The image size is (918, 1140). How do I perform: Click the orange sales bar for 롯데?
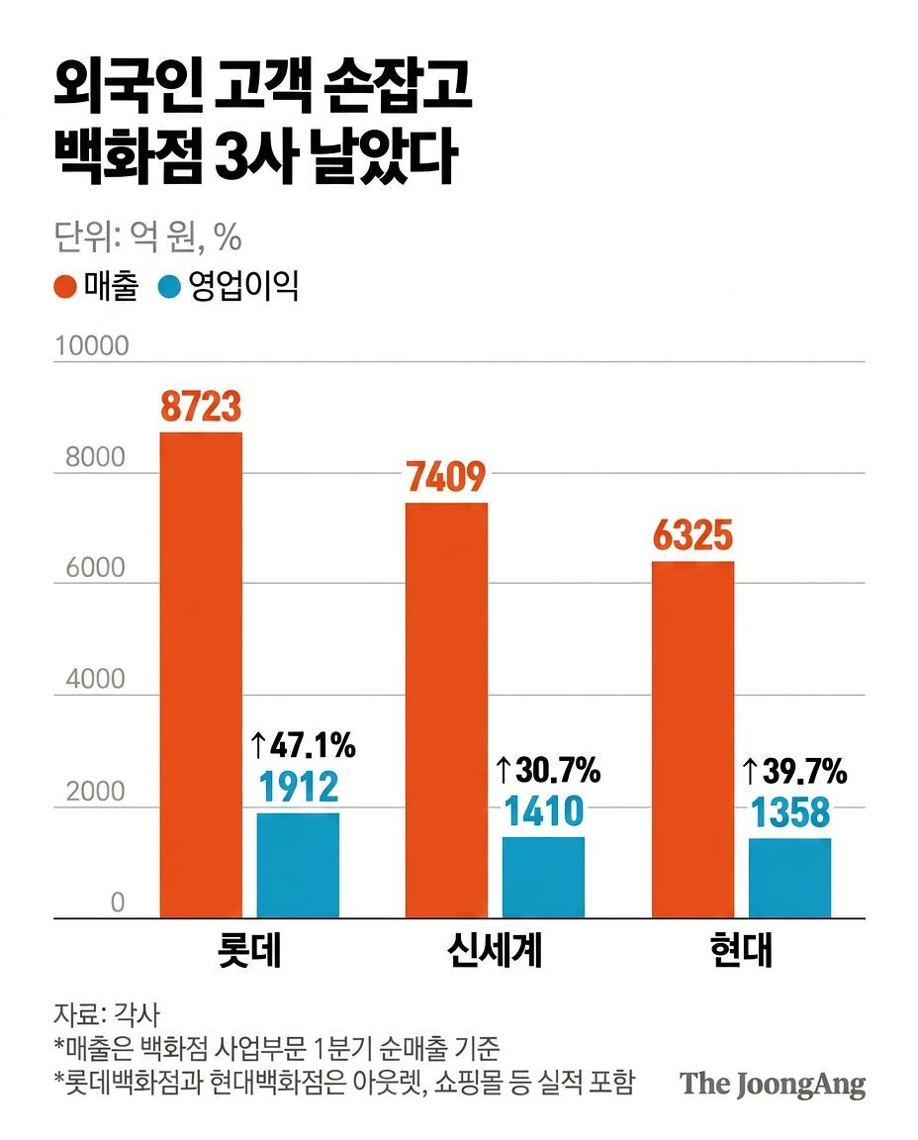tap(201, 675)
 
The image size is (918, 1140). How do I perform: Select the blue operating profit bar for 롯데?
tap(298, 865)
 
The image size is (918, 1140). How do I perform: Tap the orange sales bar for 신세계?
tap(446, 711)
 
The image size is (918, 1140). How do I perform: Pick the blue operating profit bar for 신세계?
tap(544, 878)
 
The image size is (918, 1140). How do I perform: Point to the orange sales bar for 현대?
tap(692, 739)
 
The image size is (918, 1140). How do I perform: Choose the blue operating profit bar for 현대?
tap(790, 879)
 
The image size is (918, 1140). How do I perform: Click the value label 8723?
tap(201, 407)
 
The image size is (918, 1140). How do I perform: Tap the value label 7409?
tap(446, 477)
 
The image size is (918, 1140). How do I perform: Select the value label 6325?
tap(692, 535)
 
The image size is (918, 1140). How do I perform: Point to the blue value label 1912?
tap(299, 787)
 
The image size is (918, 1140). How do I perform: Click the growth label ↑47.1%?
tap(303, 745)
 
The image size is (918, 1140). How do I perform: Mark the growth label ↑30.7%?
tap(548, 770)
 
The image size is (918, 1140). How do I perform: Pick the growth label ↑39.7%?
tap(794, 771)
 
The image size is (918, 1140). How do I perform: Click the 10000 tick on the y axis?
tap(92, 346)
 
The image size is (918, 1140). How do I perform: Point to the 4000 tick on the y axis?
tap(95, 679)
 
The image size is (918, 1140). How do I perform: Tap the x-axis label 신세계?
tap(495, 950)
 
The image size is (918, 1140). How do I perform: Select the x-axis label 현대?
tap(741, 950)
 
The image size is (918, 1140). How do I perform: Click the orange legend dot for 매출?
tap(65, 286)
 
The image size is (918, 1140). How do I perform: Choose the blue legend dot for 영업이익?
tap(169, 286)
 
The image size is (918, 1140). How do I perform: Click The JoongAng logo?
tap(773, 1084)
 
